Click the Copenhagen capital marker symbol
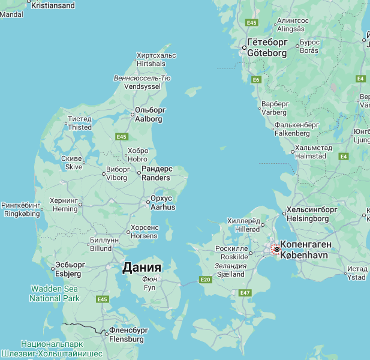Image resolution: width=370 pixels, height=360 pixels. (276, 249)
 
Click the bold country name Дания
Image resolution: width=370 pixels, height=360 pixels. (142, 268)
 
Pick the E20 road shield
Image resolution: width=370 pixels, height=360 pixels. (206, 280)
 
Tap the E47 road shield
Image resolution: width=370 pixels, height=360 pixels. (244, 293)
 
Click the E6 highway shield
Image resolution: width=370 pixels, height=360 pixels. (257, 80)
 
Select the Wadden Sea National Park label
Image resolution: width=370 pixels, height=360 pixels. (55, 293)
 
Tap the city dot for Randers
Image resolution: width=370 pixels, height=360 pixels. (139, 173)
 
